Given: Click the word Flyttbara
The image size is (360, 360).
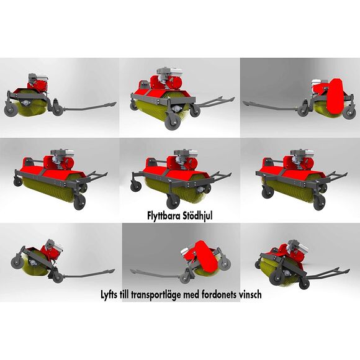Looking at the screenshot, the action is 164,216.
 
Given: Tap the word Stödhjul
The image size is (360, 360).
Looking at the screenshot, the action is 197,216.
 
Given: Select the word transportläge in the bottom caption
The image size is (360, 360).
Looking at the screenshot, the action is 156,295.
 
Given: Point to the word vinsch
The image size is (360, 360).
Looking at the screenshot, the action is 250,294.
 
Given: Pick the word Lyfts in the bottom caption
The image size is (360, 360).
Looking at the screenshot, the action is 109,295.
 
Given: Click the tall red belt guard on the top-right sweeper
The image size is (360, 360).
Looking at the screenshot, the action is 335,96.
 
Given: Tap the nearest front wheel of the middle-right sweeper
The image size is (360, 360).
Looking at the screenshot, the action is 320,203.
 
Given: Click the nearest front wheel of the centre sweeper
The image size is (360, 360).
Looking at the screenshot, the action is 173,202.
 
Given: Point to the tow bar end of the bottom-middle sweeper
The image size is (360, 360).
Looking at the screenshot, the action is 134,272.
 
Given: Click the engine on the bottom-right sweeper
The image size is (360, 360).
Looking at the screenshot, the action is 298,247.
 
